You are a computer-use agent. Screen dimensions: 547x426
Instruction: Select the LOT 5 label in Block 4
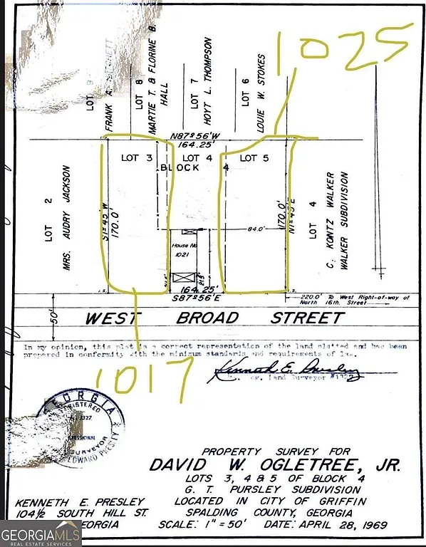pos(254,157)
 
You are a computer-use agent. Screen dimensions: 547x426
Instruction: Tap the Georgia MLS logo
pos(41,533)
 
